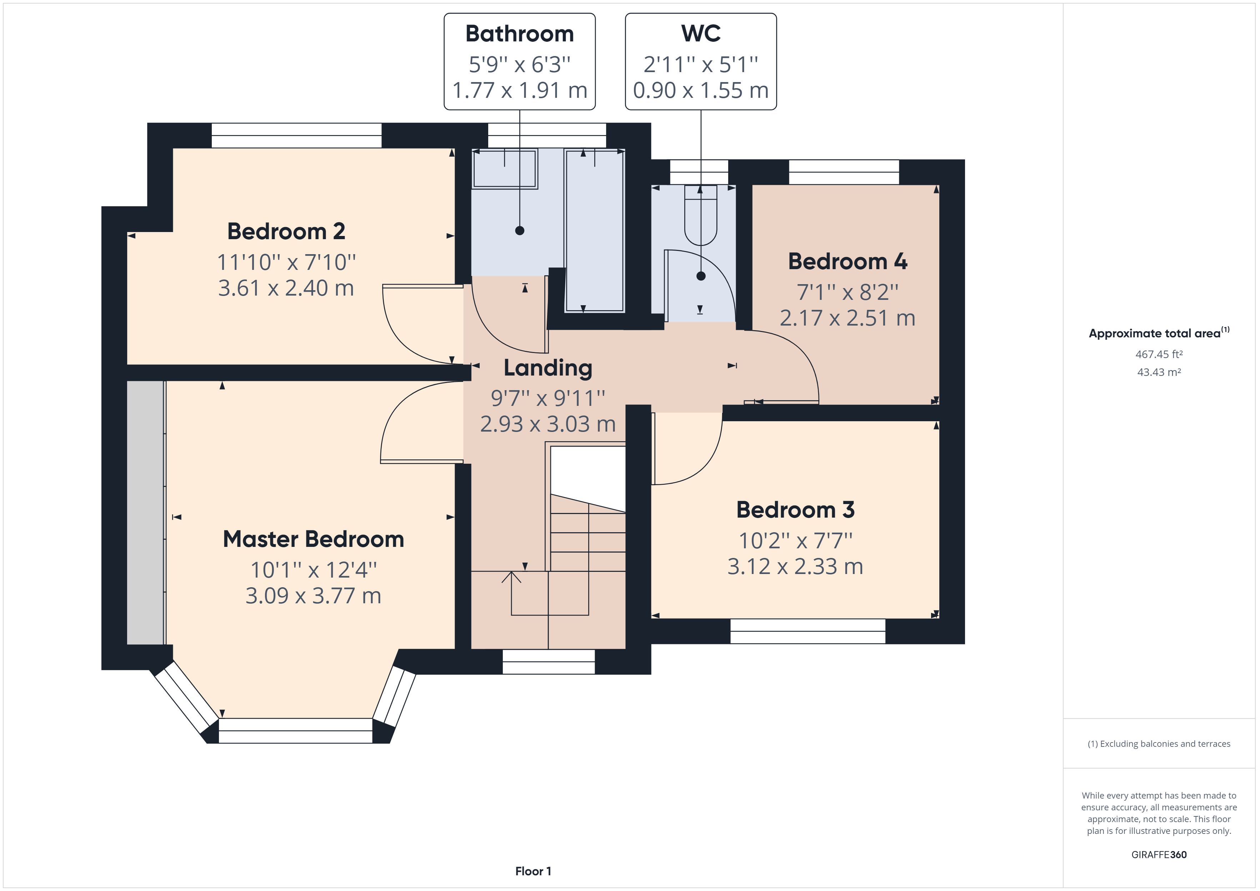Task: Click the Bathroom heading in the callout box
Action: coord(519,34)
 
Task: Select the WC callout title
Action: coord(700,34)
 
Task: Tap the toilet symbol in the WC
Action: coord(701,217)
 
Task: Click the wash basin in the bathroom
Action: coord(504,169)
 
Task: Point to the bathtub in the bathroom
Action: coord(594,231)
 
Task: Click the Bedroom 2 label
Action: coord(286,232)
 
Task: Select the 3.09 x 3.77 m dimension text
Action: coord(313,596)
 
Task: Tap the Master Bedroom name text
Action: coord(313,539)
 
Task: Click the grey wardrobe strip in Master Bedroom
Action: coord(145,513)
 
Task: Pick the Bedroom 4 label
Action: coord(847,262)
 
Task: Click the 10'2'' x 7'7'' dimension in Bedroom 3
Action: coord(795,541)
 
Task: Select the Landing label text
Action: coord(548,368)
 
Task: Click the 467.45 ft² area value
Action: coord(1159,354)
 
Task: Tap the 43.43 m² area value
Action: coord(1159,372)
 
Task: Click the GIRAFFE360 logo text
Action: coord(1159,854)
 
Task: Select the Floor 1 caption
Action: coord(533,871)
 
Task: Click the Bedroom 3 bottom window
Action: coord(807,631)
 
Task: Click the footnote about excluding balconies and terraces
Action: coord(1159,744)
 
